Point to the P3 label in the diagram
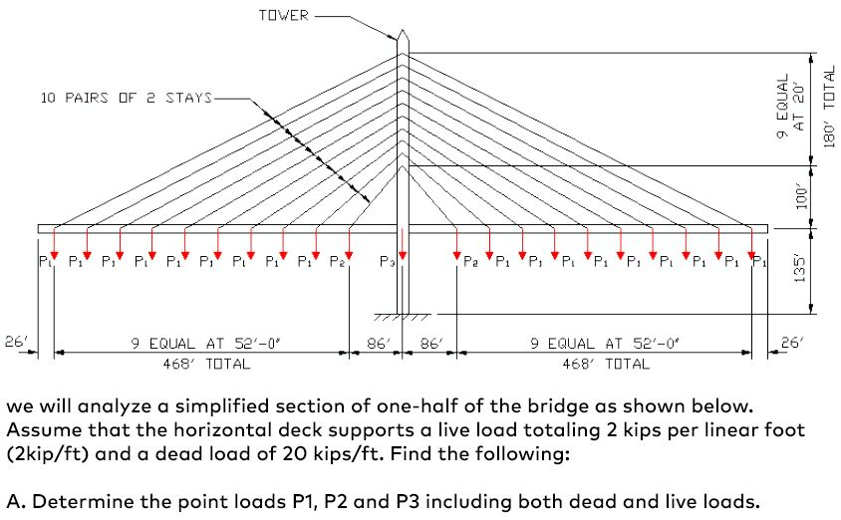tap(387, 262)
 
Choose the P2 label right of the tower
tap(470, 262)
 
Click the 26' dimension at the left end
tap(17, 343)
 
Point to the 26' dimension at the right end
tap(790, 343)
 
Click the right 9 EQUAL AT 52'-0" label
tap(604, 343)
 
